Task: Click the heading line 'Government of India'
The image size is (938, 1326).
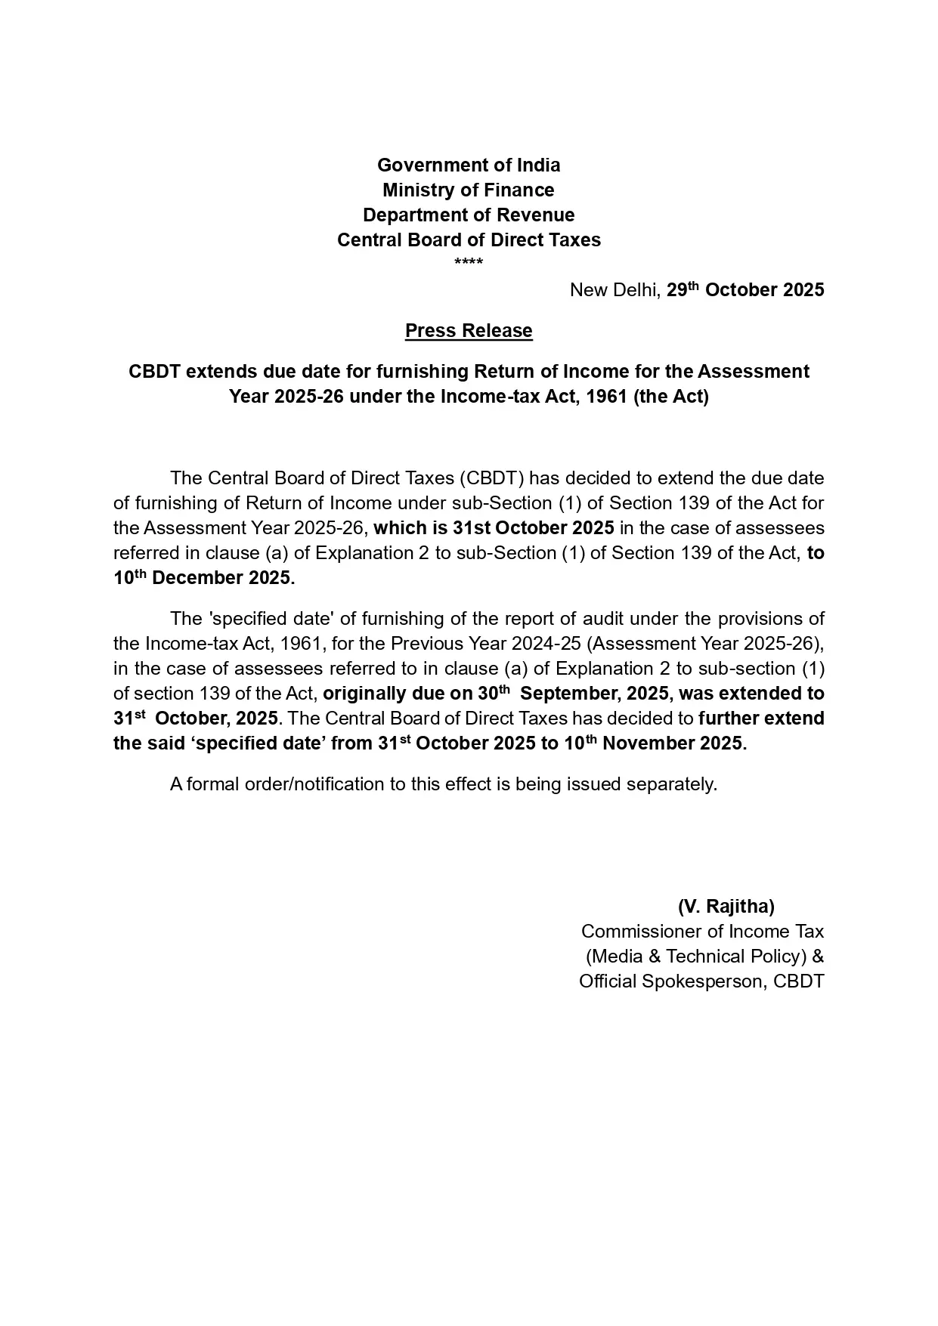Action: (x=469, y=165)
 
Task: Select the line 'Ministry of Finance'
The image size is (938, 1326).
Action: (x=469, y=190)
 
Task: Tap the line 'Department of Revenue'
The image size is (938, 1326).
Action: (x=469, y=215)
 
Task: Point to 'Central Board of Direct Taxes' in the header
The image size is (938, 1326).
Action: (x=469, y=240)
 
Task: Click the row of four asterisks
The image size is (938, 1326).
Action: (x=469, y=262)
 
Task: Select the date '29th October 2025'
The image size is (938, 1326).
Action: (x=745, y=289)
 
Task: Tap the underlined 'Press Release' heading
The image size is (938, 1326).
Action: (x=469, y=330)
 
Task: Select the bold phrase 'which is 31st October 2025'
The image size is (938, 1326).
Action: (x=494, y=527)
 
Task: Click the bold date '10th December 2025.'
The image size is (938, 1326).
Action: (x=204, y=577)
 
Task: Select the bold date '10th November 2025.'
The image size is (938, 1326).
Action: (x=655, y=743)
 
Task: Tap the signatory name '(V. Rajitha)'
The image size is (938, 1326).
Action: (x=726, y=906)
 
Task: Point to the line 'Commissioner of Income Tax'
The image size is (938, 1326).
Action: (x=702, y=931)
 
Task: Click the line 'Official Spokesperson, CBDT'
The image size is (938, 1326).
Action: (x=701, y=981)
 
